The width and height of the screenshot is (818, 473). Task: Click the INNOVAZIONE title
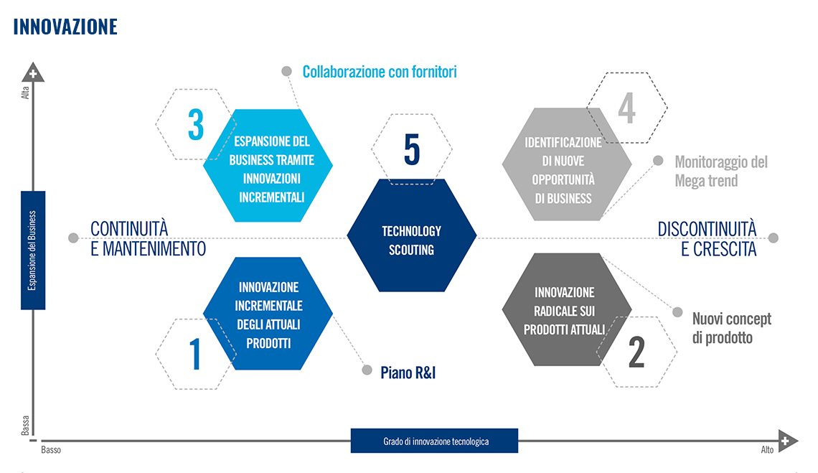(65, 27)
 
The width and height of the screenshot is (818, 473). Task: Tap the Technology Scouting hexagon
(412, 235)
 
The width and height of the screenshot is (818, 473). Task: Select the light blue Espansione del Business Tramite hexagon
(268, 166)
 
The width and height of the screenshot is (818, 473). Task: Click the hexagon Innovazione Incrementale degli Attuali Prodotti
(268, 313)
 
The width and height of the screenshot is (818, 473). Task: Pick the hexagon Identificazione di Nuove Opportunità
(567, 164)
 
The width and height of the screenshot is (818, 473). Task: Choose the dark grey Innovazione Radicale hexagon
(567, 309)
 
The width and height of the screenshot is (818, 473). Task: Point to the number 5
(412, 149)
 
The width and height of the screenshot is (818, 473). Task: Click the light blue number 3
(196, 125)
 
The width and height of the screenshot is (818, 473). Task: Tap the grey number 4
(626, 108)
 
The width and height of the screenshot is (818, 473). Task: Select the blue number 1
(195, 354)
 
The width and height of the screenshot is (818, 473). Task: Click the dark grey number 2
(636, 352)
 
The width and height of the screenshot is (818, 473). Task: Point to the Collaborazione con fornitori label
(380, 72)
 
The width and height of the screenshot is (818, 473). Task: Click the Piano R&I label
(408, 373)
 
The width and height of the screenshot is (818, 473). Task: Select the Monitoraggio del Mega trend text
(721, 172)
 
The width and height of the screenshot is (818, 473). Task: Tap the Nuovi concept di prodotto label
(731, 329)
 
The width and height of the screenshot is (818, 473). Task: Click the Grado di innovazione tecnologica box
(434, 441)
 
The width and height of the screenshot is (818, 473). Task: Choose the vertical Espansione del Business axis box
(33, 250)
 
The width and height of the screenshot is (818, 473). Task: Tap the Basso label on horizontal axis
(51, 450)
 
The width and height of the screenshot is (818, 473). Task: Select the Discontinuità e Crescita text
(707, 239)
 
